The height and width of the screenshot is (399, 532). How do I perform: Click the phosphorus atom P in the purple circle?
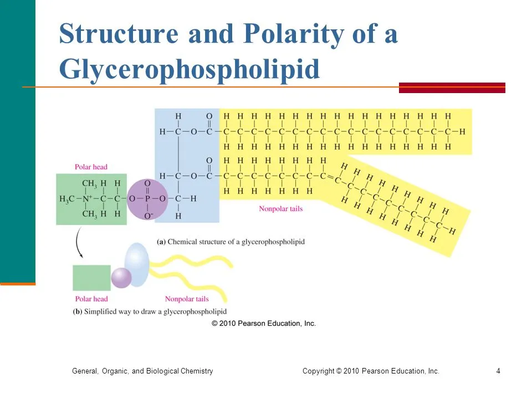click(147, 199)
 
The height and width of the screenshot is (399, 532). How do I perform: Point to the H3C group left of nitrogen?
click(67, 199)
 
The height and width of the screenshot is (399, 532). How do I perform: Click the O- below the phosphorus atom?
click(149, 216)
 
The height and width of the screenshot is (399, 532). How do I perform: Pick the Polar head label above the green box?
click(91, 167)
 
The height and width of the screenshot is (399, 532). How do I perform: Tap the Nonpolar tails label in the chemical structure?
click(280, 209)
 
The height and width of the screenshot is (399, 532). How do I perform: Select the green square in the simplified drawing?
click(91, 278)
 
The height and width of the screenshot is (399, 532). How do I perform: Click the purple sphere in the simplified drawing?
click(121, 278)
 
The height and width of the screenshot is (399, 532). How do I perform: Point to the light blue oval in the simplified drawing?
click(137, 265)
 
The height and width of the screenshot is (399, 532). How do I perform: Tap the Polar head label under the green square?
click(91, 299)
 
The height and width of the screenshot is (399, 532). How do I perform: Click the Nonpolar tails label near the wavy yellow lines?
click(187, 299)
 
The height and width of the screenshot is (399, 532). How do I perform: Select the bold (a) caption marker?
click(161, 242)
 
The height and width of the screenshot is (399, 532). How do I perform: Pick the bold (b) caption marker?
click(78, 311)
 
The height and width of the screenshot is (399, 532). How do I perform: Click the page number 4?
click(498, 371)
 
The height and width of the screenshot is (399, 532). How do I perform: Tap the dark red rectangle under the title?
click(452, 88)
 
